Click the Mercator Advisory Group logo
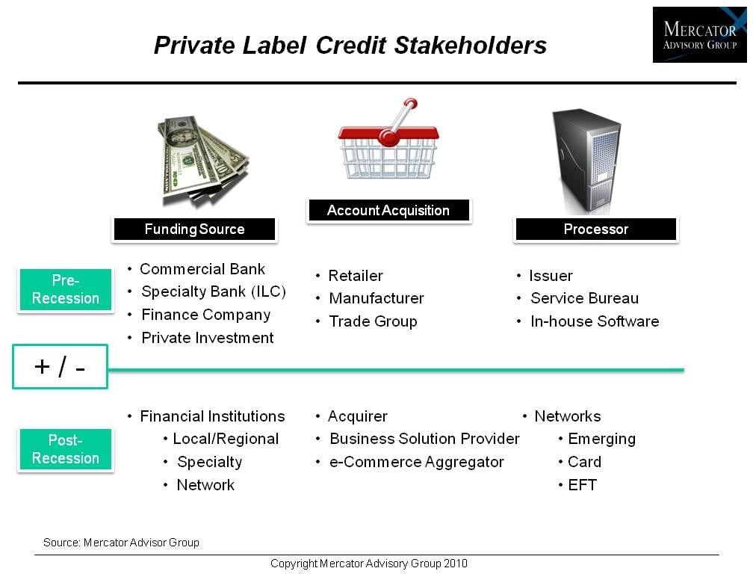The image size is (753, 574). (x=699, y=34)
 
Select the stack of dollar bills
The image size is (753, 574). (x=203, y=161)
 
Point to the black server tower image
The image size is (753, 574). (x=586, y=161)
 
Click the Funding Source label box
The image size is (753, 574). (x=194, y=229)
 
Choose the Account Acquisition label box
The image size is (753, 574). (x=388, y=210)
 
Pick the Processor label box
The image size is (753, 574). (x=596, y=229)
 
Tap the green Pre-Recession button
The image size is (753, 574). (x=66, y=289)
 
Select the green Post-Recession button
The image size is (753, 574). (x=66, y=449)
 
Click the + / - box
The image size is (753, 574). (x=60, y=367)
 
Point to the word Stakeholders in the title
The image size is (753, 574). (x=470, y=46)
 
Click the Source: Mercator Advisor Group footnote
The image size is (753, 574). (x=121, y=543)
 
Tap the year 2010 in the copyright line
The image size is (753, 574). (x=456, y=564)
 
